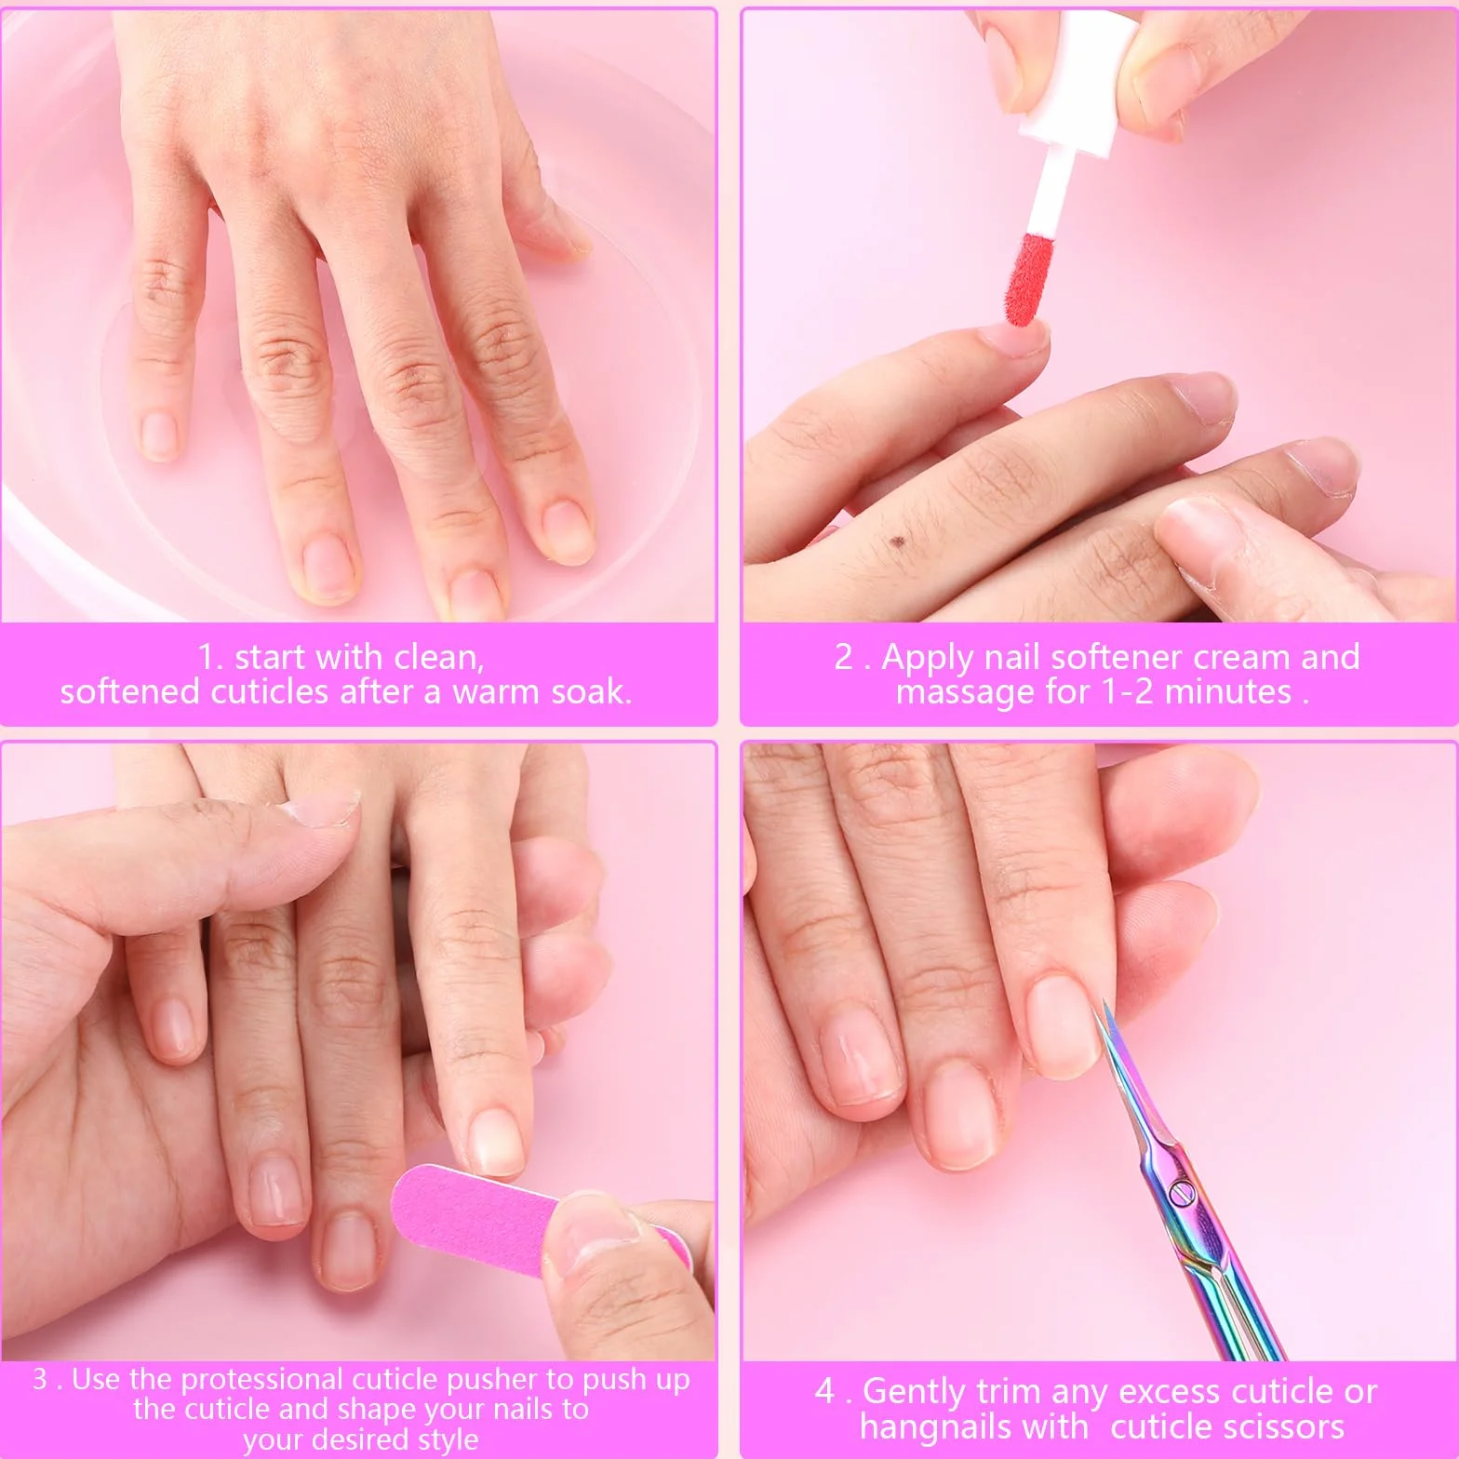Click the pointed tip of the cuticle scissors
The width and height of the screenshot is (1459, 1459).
point(1104,1003)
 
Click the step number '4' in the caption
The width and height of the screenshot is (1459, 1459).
point(824,1392)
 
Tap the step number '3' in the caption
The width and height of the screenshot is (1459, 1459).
point(40,1379)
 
